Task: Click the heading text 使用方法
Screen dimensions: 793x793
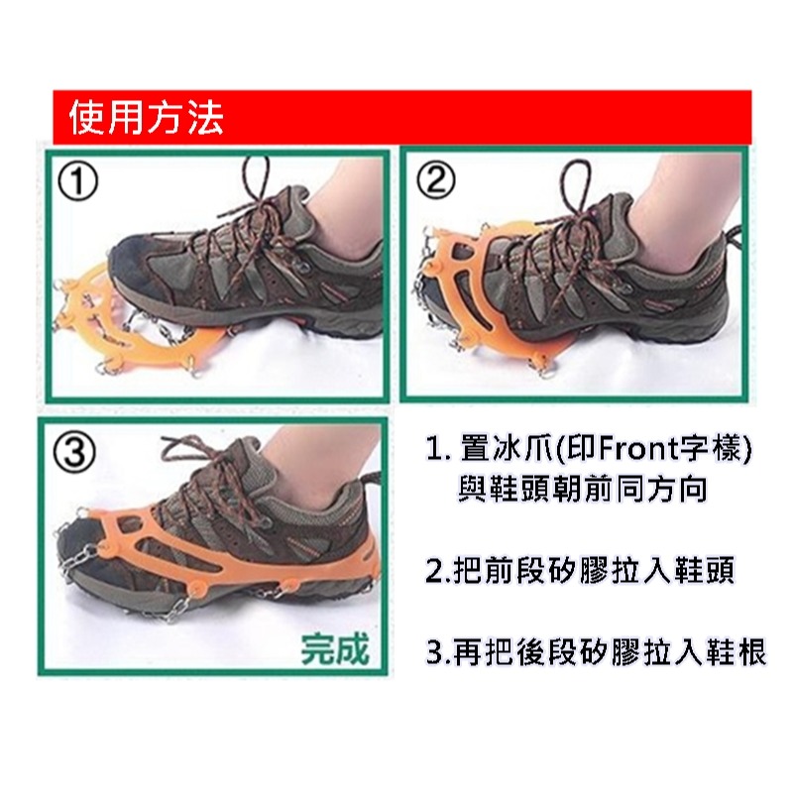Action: tap(146, 117)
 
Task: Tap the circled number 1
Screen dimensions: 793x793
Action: tap(77, 182)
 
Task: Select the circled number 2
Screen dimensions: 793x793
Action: tap(434, 180)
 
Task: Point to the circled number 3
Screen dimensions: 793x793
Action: tap(74, 453)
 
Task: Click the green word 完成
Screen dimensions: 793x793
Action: tap(335, 648)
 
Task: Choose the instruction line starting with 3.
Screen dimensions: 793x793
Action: tap(596, 652)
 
